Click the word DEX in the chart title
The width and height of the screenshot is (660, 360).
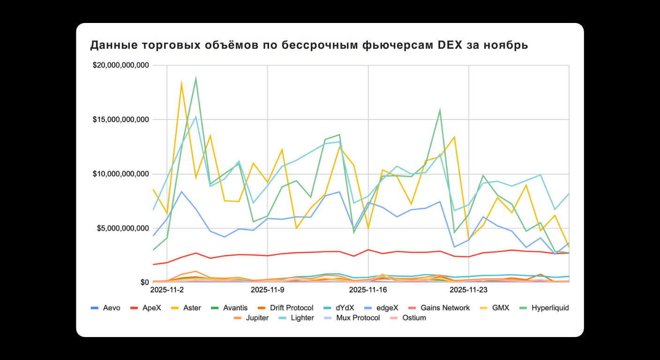[x=450, y=45]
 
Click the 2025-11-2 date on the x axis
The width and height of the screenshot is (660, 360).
[x=167, y=290]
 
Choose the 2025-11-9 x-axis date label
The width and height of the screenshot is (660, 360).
[x=267, y=290]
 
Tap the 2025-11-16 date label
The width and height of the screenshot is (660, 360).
[x=368, y=290]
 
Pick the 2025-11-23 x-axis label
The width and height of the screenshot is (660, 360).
[x=469, y=290]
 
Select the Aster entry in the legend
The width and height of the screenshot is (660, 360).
[x=192, y=308]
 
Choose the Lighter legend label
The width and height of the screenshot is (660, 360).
[x=302, y=318]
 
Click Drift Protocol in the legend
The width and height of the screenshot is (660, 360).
[x=292, y=308]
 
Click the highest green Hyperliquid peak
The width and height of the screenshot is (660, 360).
[x=195, y=78]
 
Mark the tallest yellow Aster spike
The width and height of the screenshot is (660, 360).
[x=181, y=83]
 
